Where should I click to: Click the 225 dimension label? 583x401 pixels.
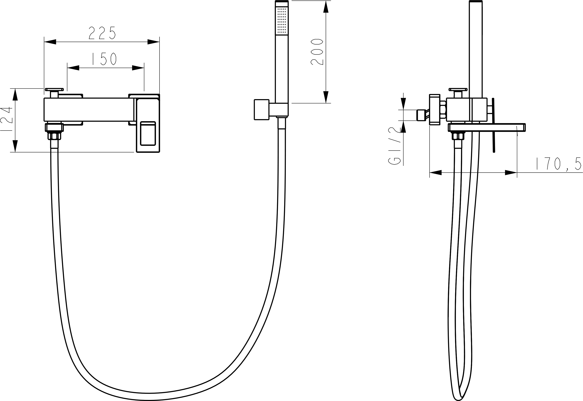click(102, 33)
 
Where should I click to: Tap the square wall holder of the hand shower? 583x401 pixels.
click(262, 110)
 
